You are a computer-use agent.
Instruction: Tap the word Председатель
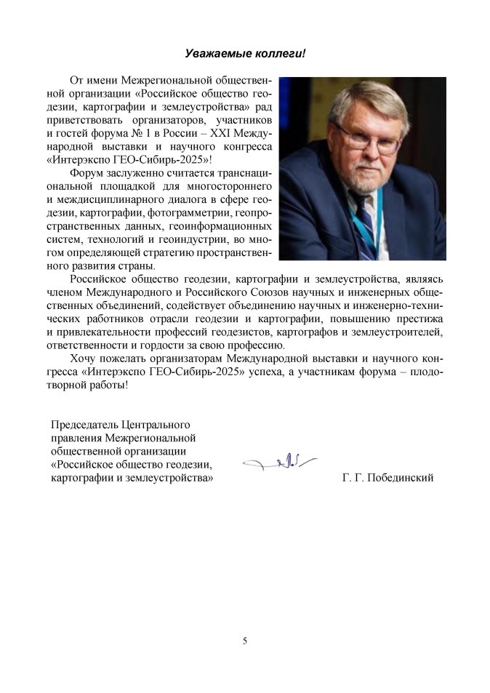pyautogui.click(x=83, y=424)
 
